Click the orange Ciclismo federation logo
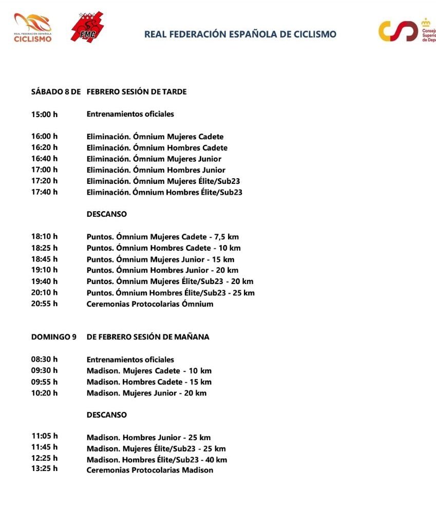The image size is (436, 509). point(33,28)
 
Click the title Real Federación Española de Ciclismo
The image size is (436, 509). point(240,34)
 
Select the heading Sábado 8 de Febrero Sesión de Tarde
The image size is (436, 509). point(109,92)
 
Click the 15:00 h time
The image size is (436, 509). point(45,115)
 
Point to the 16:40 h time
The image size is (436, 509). point(45,159)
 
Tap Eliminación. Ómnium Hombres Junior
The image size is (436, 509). point(156,170)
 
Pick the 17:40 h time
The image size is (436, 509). point(45,192)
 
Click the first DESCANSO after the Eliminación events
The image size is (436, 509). point(106,214)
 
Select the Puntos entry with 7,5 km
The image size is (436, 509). point(162,237)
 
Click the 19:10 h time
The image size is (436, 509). point(45,270)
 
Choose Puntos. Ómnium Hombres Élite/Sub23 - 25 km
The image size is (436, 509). point(170,293)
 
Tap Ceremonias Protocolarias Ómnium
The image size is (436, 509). point(149,304)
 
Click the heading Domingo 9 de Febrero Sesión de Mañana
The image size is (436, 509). point(120,337)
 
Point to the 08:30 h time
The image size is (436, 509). point(45,360)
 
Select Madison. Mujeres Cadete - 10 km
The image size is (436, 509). point(149,371)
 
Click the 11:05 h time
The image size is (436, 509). point(45,437)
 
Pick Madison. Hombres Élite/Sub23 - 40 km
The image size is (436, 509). point(157,460)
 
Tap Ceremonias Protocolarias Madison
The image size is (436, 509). point(149,470)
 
